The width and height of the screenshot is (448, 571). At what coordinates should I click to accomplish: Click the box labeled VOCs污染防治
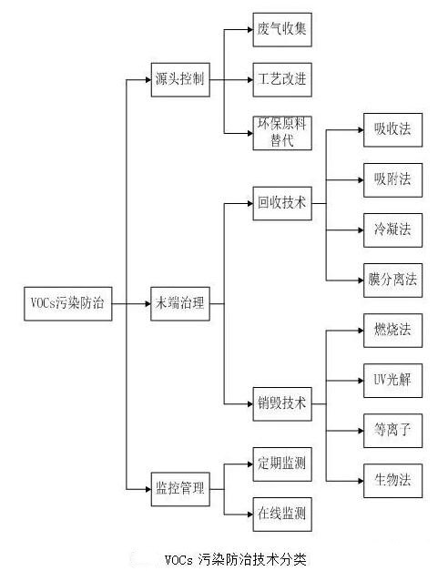click(68, 303)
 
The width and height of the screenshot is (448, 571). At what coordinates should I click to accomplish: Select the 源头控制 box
click(180, 80)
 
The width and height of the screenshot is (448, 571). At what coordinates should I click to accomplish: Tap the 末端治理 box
click(180, 303)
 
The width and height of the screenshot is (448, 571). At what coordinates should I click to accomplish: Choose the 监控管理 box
click(180, 489)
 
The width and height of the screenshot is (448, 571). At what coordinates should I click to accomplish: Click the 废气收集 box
click(282, 30)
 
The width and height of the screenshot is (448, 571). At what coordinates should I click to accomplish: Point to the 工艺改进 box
click(282, 80)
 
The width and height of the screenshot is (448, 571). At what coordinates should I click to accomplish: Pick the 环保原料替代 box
click(282, 133)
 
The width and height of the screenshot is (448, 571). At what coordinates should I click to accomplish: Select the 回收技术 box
click(282, 203)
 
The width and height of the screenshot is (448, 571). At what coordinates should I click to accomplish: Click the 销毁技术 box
click(282, 403)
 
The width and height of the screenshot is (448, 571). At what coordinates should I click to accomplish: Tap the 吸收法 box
click(393, 130)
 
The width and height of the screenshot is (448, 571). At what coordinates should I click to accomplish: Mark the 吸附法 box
click(393, 180)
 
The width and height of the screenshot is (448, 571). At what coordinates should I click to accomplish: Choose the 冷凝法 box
click(393, 230)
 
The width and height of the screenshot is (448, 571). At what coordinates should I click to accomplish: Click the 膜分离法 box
click(393, 280)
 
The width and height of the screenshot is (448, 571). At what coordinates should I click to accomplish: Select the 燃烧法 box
click(393, 331)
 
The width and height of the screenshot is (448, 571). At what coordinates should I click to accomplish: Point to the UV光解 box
click(393, 381)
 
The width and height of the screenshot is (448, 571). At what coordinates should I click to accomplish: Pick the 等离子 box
click(393, 431)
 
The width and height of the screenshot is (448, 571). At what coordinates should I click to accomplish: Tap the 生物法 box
click(393, 481)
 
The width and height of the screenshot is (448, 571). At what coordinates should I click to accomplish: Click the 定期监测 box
click(282, 464)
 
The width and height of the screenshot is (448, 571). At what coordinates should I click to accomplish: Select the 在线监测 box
click(282, 515)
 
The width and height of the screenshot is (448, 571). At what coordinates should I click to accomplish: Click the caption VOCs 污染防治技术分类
click(236, 559)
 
